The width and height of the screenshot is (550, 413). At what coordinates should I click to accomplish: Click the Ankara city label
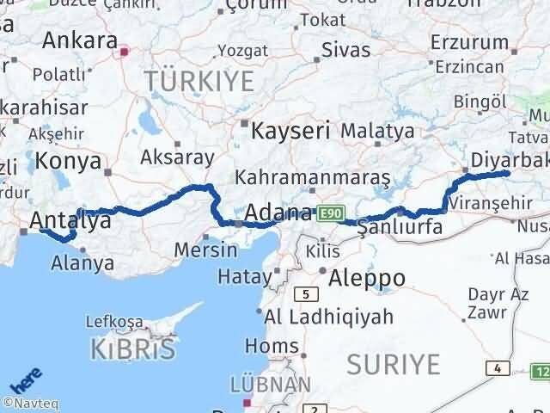point(80,40)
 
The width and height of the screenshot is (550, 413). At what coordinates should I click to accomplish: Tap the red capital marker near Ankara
point(125,52)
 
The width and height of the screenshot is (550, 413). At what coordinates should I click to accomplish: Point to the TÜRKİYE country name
point(199,82)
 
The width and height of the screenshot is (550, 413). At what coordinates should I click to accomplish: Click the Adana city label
point(278,212)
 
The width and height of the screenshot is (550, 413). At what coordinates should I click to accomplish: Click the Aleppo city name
point(362,277)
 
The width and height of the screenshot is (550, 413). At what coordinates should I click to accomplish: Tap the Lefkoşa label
point(114,322)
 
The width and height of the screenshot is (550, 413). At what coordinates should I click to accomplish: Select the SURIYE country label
point(393,364)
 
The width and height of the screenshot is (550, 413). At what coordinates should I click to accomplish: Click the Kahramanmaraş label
point(313,177)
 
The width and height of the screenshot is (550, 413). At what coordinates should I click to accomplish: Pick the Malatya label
point(377,132)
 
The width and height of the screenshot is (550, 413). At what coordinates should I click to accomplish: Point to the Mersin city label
point(205,250)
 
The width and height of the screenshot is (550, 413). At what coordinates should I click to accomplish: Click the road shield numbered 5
point(305,294)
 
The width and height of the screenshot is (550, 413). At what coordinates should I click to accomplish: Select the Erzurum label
point(470,41)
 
